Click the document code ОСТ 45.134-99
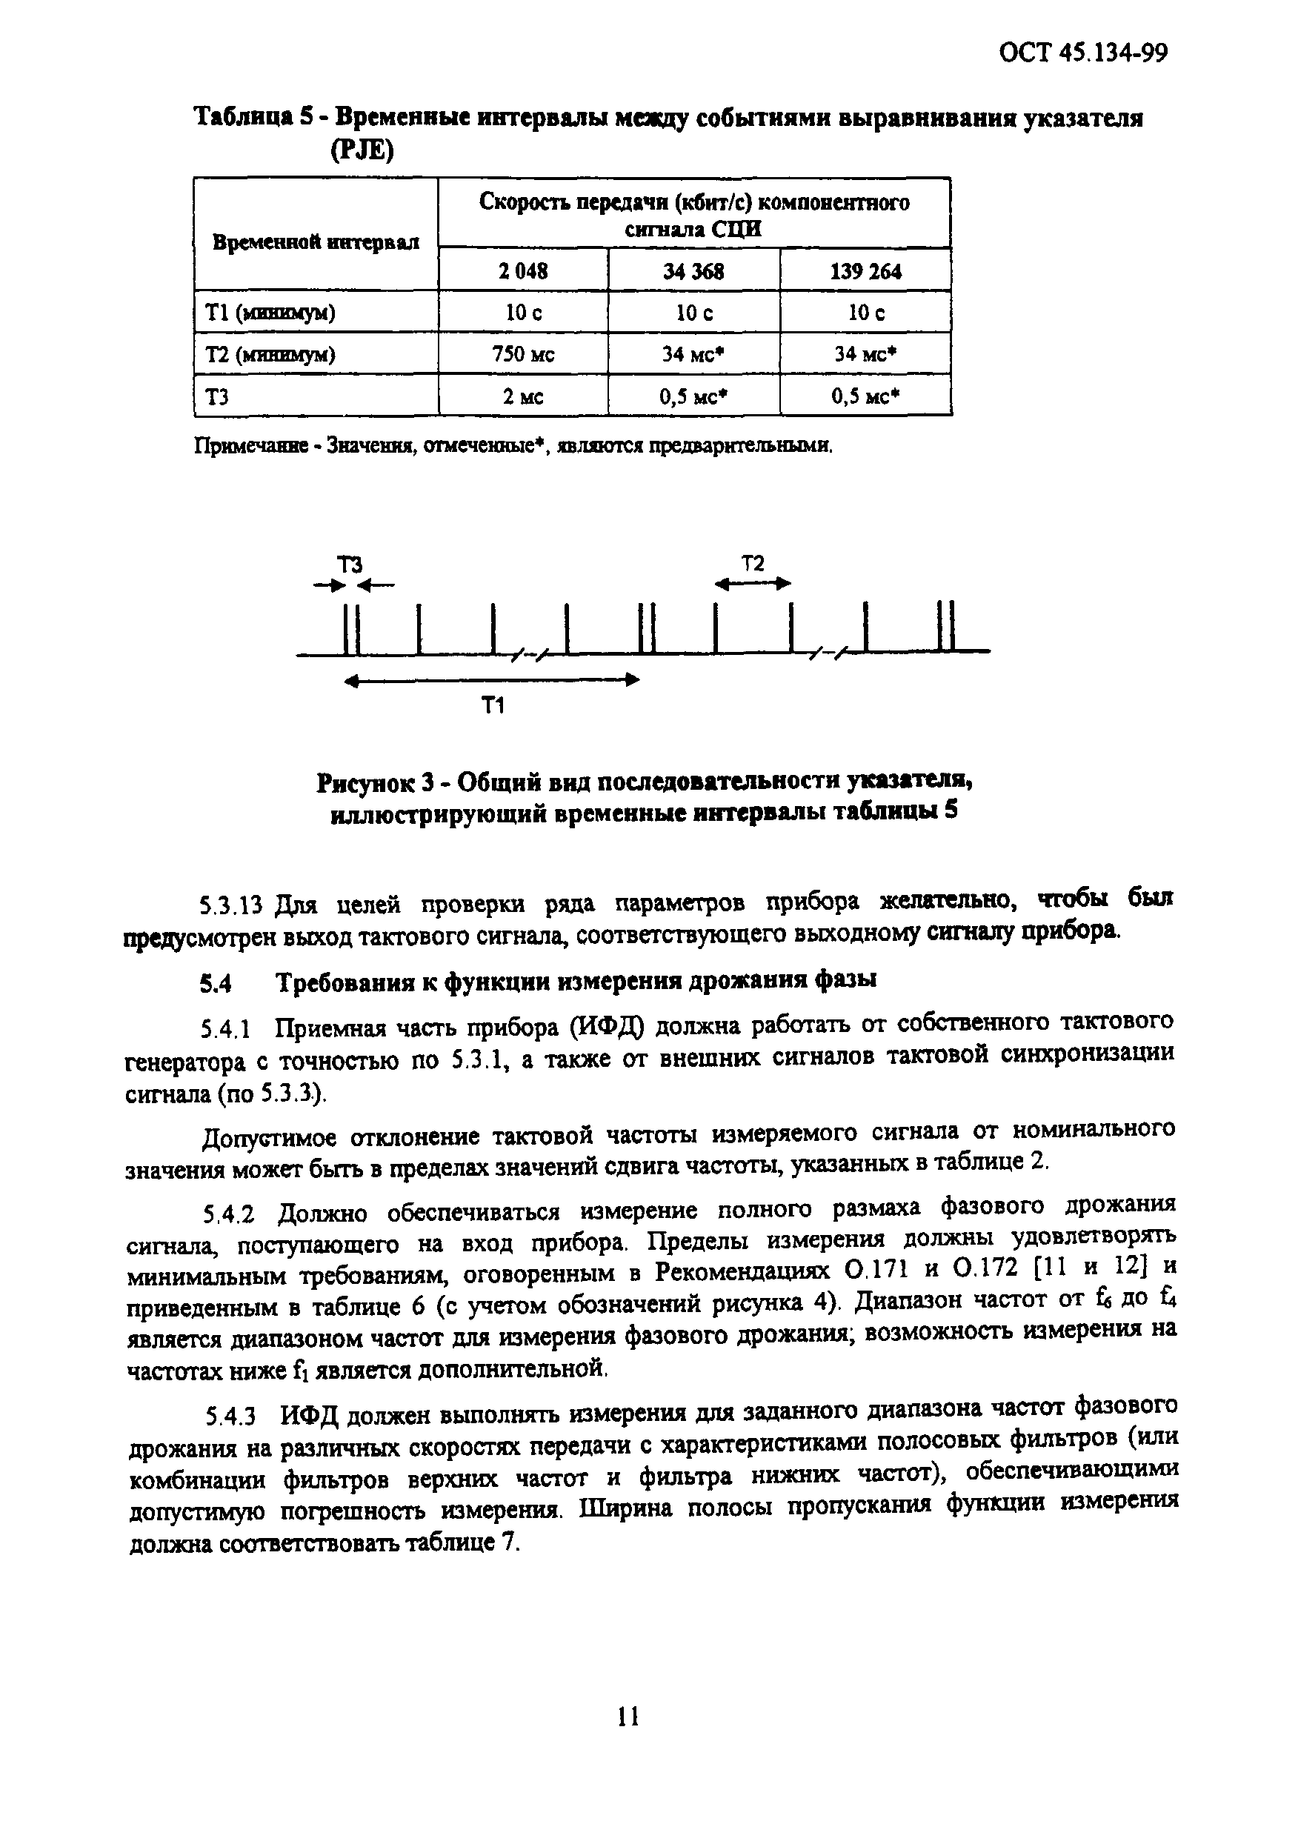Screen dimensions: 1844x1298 (x=1082, y=53)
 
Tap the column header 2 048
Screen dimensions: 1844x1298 (x=523, y=271)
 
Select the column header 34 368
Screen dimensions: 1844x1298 (x=693, y=271)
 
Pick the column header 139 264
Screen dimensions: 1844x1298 (x=865, y=271)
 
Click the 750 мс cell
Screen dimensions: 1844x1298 (x=523, y=354)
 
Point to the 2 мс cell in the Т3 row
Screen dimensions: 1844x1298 (x=523, y=396)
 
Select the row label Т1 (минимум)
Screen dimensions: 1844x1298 (x=270, y=313)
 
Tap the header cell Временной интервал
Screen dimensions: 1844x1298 (x=316, y=242)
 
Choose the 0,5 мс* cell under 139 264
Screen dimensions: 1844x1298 (x=865, y=396)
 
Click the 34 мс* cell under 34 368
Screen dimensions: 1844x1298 (x=693, y=354)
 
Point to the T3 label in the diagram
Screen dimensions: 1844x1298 (x=349, y=564)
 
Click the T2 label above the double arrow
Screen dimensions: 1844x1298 (x=752, y=563)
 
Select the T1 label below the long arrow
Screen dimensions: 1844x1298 (x=493, y=706)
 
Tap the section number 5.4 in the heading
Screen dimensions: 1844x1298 (x=216, y=982)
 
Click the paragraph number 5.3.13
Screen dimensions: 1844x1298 (x=231, y=906)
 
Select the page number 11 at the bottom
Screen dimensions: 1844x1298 (x=628, y=1740)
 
